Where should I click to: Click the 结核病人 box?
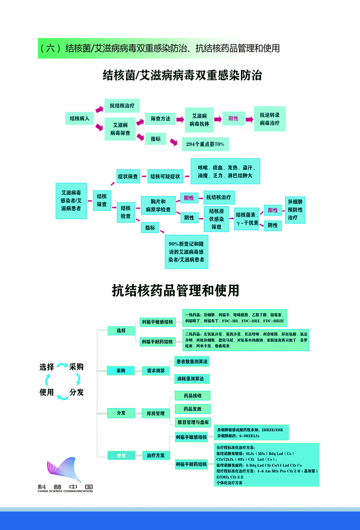click(x=79, y=119)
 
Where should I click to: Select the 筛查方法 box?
click(x=160, y=119)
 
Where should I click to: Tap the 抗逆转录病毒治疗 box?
click(x=270, y=119)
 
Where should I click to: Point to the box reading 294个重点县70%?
click(x=205, y=144)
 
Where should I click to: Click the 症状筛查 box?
click(x=128, y=176)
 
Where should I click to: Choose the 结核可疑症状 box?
click(x=165, y=176)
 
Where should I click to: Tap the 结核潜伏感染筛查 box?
click(x=216, y=219)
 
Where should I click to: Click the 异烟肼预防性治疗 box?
click(x=295, y=209)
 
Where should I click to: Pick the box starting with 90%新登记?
click(x=186, y=251)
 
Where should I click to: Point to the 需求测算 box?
click(x=156, y=370)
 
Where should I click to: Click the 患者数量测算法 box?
click(x=192, y=362)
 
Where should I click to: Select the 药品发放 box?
click(x=192, y=409)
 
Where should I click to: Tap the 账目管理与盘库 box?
click(x=192, y=422)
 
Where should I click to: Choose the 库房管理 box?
click(x=156, y=413)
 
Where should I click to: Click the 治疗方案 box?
click(x=156, y=455)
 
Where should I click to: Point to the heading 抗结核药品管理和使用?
click(x=175, y=291)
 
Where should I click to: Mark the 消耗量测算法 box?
click(x=192, y=379)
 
